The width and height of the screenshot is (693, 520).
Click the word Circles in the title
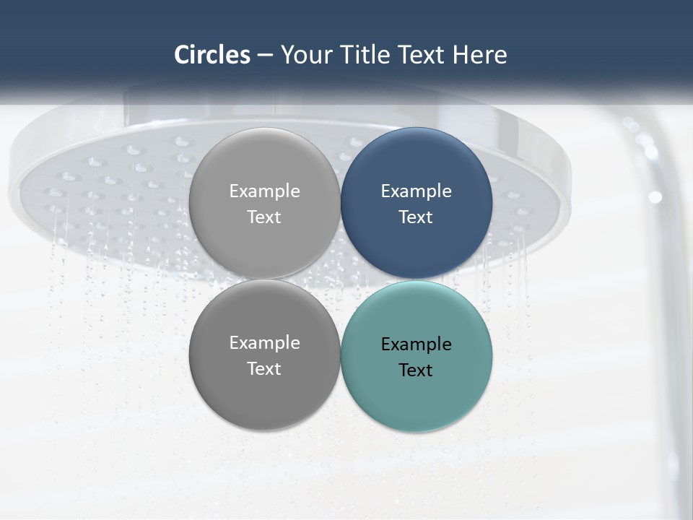tap(212, 55)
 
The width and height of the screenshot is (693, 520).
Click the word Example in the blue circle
tap(417, 191)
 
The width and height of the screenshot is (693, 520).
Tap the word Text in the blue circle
tap(416, 217)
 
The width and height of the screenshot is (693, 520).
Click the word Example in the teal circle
tap(417, 344)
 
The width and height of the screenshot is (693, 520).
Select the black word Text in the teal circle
tap(416, 370)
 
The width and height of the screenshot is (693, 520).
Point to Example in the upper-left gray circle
tap(264, 191)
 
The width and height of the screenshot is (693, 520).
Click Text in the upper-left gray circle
tap(264, 217)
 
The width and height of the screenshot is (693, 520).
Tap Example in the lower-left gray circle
tap(264, 343)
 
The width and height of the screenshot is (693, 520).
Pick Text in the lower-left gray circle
tap(264, 369)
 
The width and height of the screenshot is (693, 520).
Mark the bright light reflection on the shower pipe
tap(655, 196)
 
